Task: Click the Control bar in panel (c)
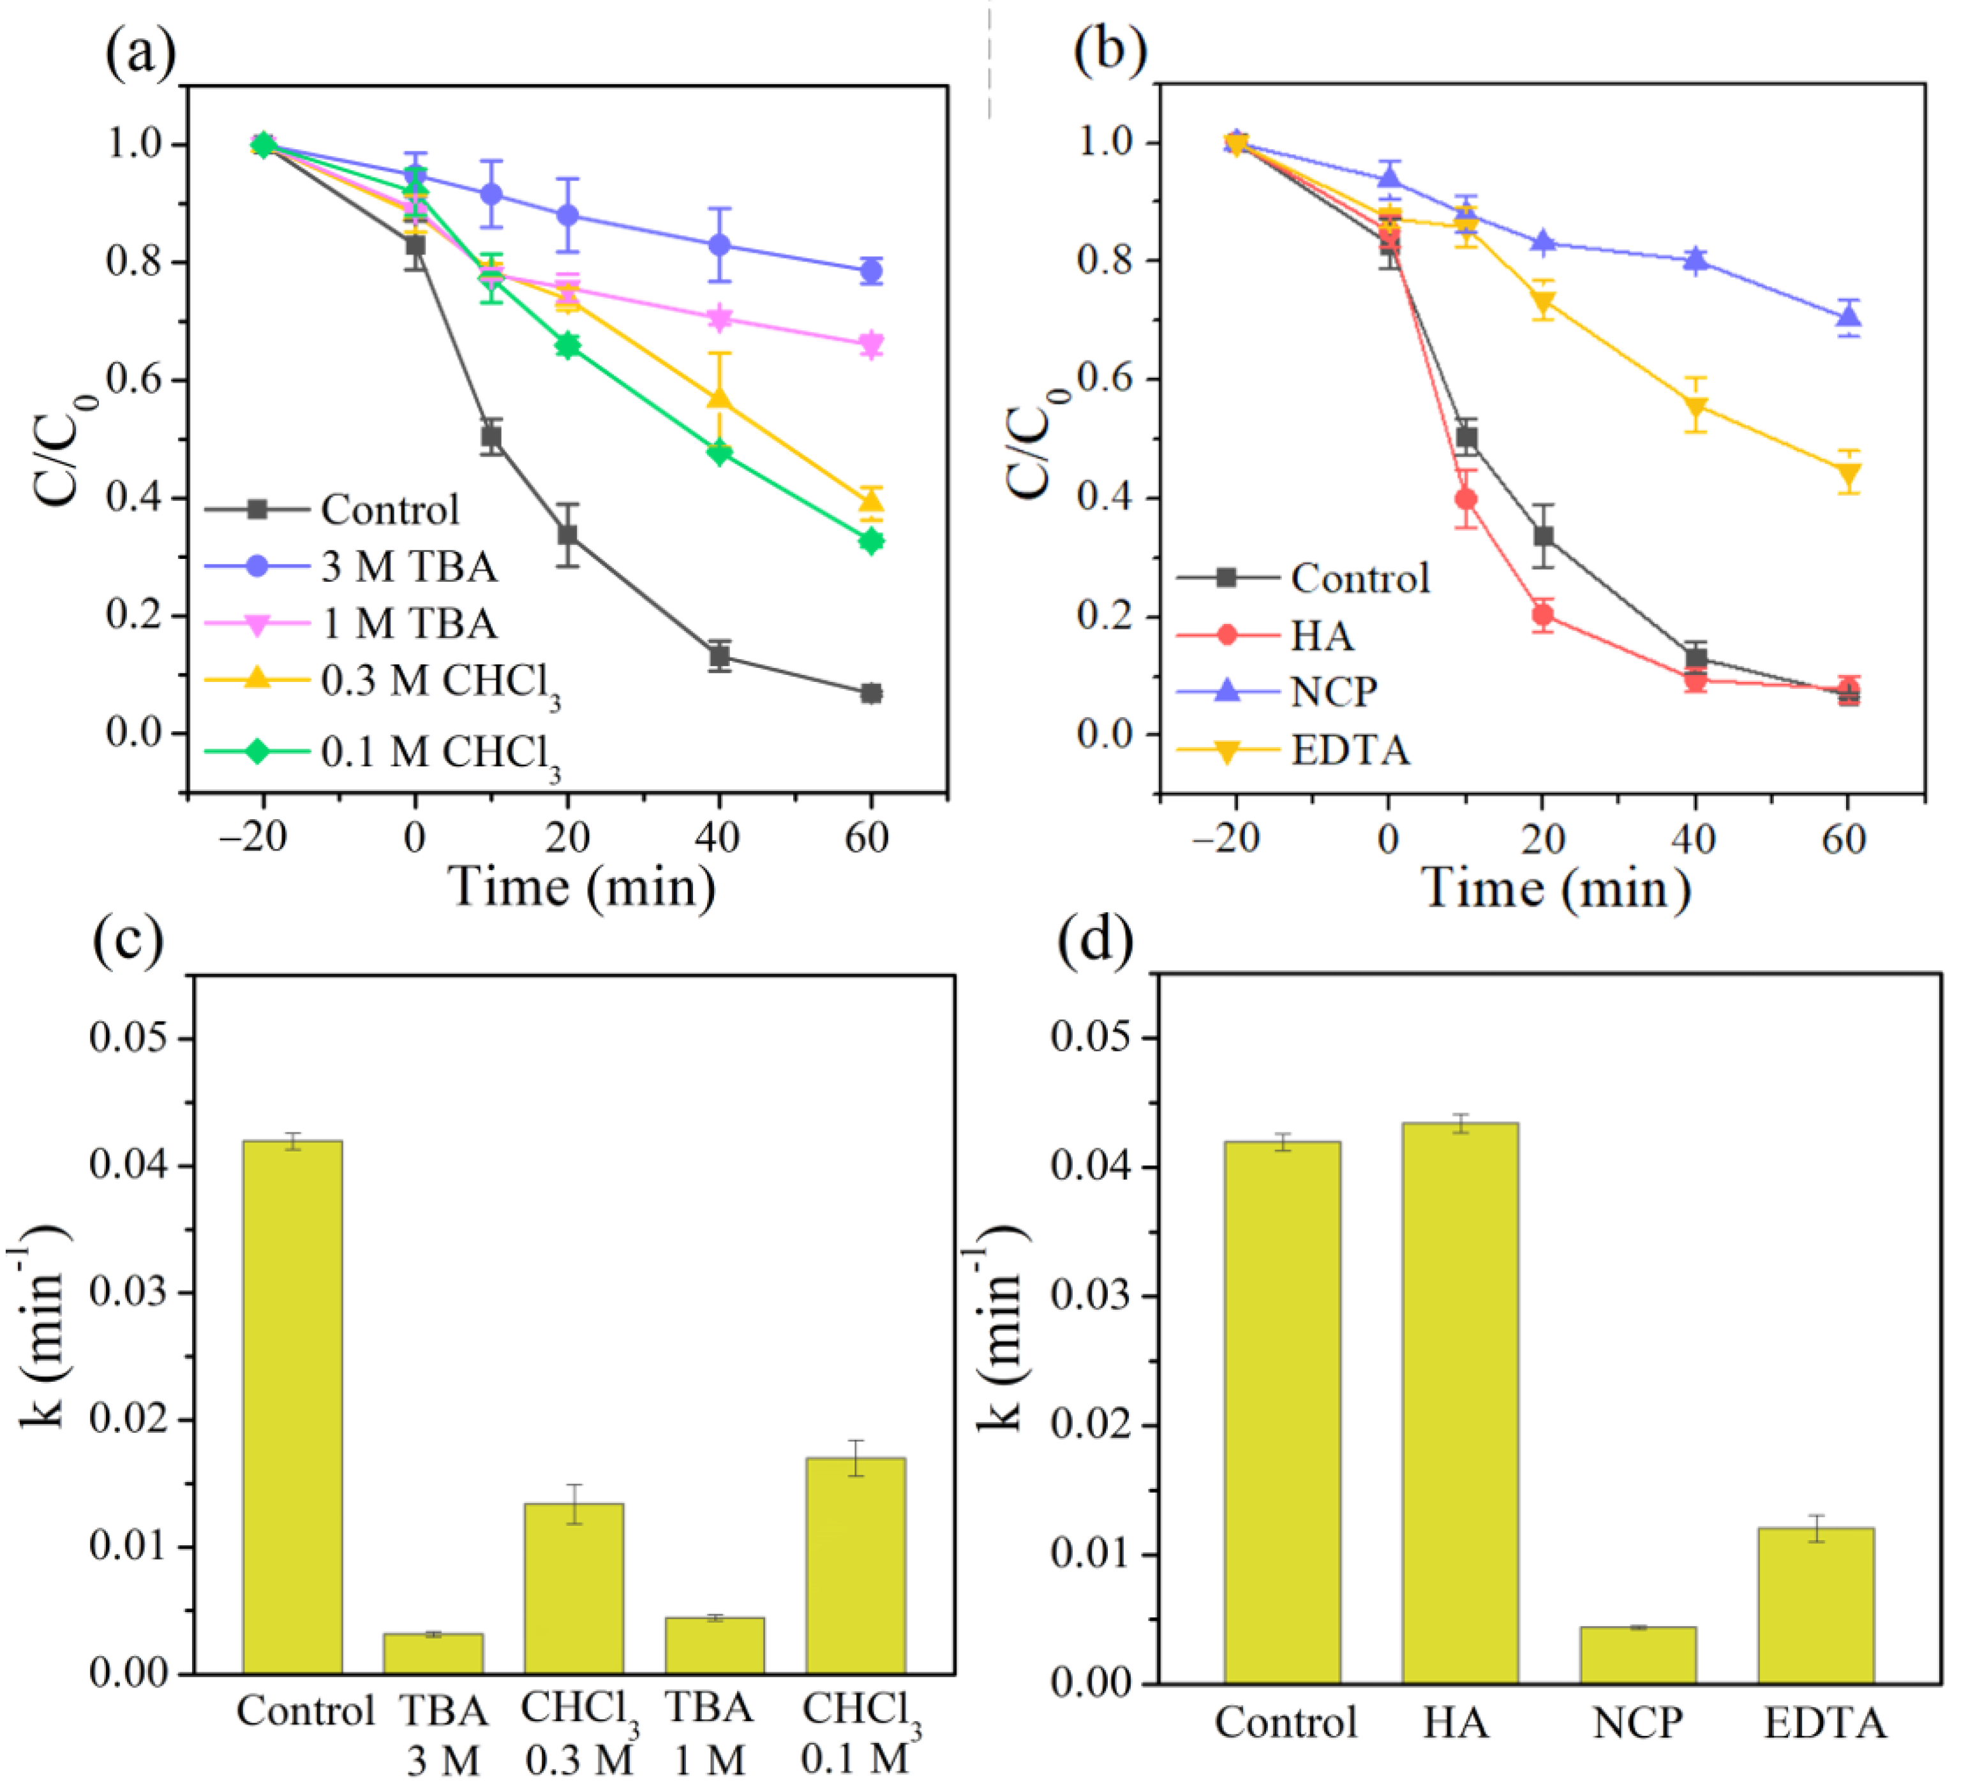(292, 1410)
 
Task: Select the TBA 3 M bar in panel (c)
(433, 1656)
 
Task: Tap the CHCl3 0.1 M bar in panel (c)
(855, 1567)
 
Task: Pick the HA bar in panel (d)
(1459, 1406)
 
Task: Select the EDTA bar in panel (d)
(1815, 1607)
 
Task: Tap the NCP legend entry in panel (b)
(1333, 692)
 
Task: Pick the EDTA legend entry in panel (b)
(1350, 751)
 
